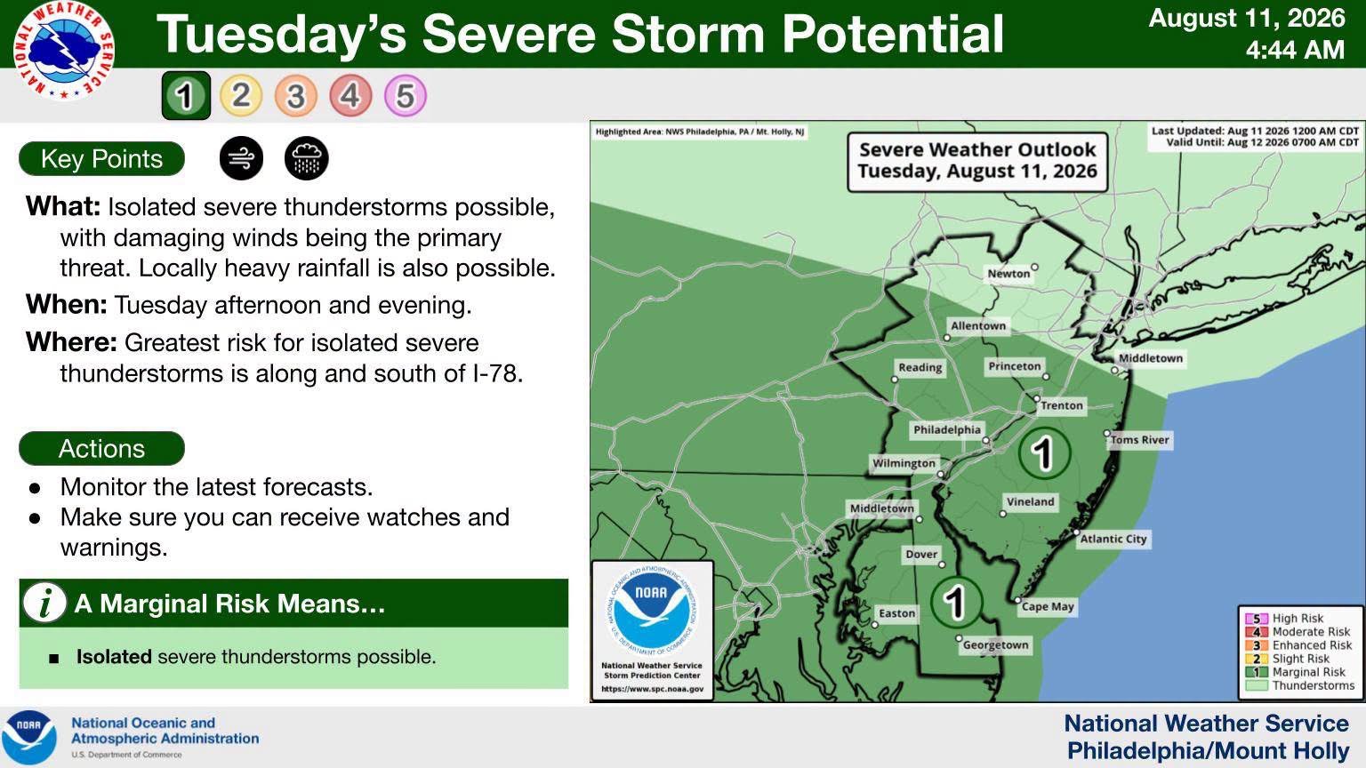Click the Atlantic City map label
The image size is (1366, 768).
[1113, 539]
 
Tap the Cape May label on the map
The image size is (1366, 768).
[1048, 606]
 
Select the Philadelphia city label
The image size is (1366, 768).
[947, 429]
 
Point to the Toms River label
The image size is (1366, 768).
[1140, 440]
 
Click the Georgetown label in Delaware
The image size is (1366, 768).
[996, 644]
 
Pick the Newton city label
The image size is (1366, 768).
[1008, 274]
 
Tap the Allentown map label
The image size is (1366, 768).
[978, 325]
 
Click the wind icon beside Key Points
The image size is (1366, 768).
[242, 158]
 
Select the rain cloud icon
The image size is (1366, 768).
[306, 158]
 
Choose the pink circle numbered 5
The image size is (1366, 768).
[406, 96]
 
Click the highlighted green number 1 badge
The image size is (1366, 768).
[186, 96]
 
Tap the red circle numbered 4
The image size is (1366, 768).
[350, 96]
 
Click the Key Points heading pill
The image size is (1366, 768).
[102, 159]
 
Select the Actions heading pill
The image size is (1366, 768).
[102, 449]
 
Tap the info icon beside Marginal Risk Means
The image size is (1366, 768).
[44, 603]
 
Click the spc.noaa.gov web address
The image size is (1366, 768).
[653, 689]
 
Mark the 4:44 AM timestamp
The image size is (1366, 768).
[1295, 50]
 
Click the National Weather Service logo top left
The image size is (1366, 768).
[63, 51]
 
